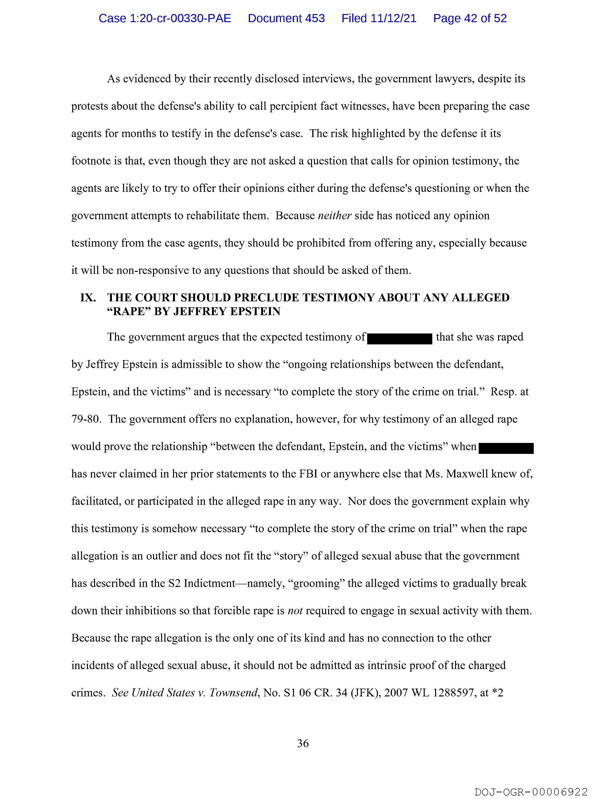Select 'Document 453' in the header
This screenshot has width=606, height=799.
click(x=286, y=18)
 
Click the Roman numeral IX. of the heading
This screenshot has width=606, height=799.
click(x=88, y=298)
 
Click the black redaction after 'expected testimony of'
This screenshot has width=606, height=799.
click(x=399, y=338)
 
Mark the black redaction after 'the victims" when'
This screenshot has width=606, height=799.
click(x=506, y=448)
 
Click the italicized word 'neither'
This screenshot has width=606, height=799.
click(x=334, y=216)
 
